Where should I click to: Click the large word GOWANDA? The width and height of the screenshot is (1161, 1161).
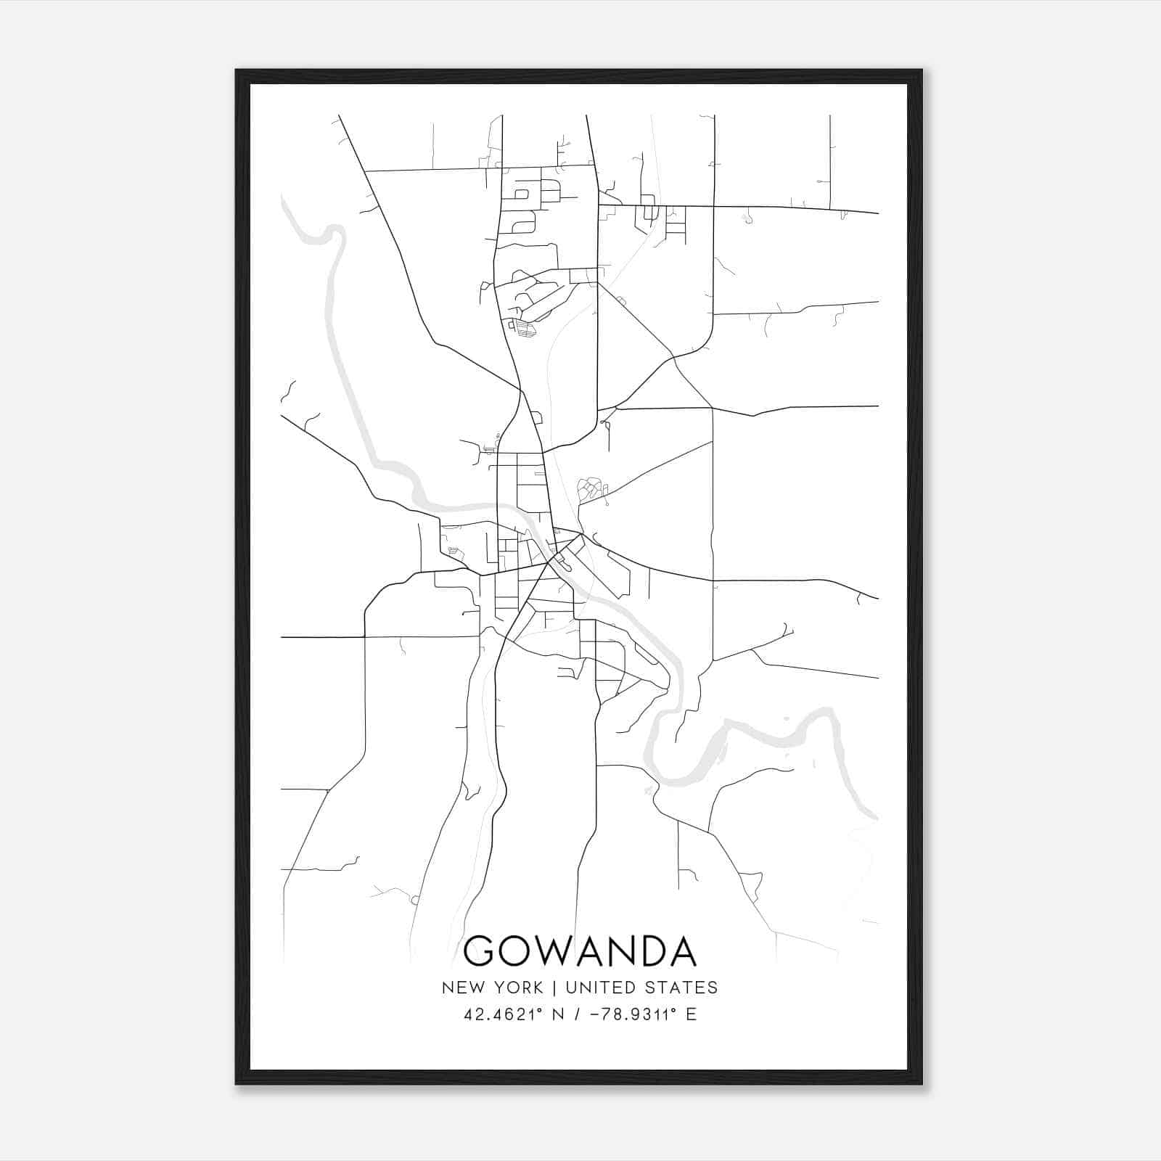coord(580,951)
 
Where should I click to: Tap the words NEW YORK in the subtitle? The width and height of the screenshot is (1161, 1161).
coord(492,988)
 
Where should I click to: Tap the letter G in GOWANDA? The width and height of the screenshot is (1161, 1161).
coord(480,951)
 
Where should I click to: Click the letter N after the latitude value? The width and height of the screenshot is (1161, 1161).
coord(558,1014)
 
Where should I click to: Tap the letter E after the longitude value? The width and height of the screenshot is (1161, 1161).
coord(691,1014)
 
